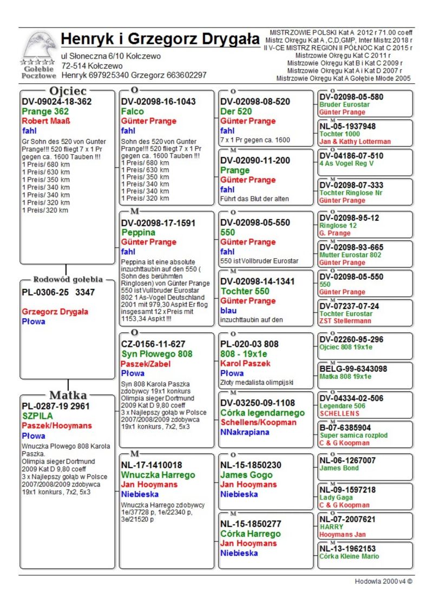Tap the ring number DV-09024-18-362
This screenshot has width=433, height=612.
point(56,101)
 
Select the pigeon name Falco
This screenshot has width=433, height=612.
point(133,111)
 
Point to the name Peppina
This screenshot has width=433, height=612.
point(139,232)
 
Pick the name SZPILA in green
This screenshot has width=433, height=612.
point(37,416)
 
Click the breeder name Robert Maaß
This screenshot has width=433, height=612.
point(46,121)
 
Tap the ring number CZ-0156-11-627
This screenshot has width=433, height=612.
point(153,344)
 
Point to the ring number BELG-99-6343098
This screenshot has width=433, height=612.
point(353,369)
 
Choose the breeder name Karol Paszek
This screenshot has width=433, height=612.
point(245,363)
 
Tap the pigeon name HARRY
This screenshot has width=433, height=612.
point(331,527)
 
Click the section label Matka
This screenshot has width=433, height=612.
point(68,394)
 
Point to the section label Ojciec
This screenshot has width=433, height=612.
point(68,90)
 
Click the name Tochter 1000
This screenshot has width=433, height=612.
point(339,134)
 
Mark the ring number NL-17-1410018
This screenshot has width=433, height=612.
point(152,465)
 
